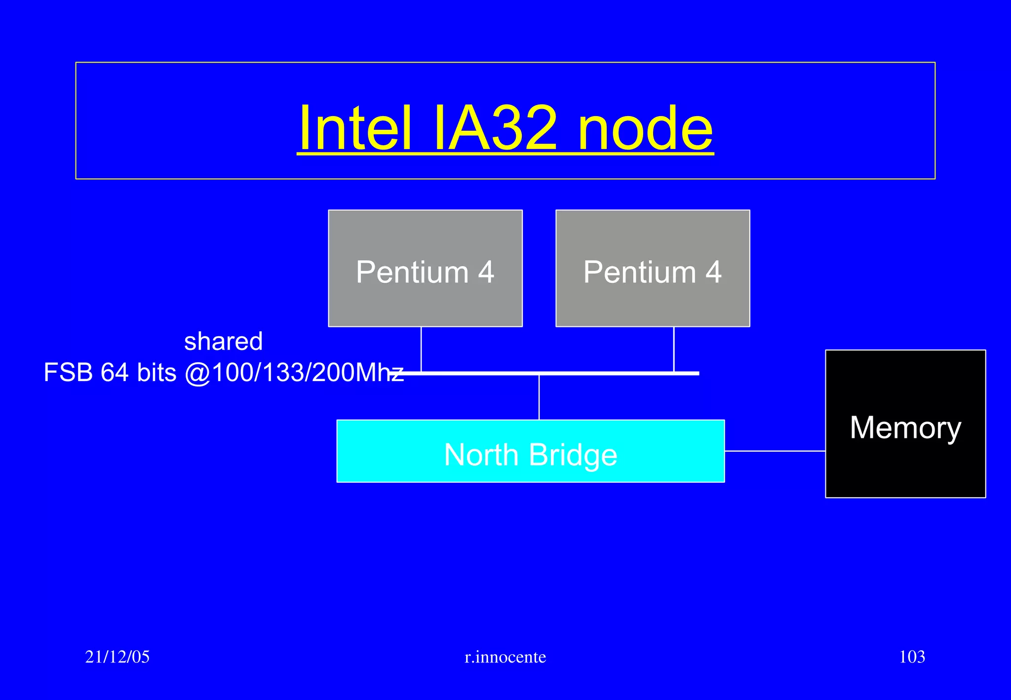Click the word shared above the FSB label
(223, 342)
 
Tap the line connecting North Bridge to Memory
(775, 451)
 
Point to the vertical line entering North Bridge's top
(539, 398)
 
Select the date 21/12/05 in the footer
(117, 657)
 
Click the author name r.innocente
(505, 657)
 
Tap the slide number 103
(912, 657)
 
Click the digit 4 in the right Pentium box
(713, 272)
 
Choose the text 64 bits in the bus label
(138, 373)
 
